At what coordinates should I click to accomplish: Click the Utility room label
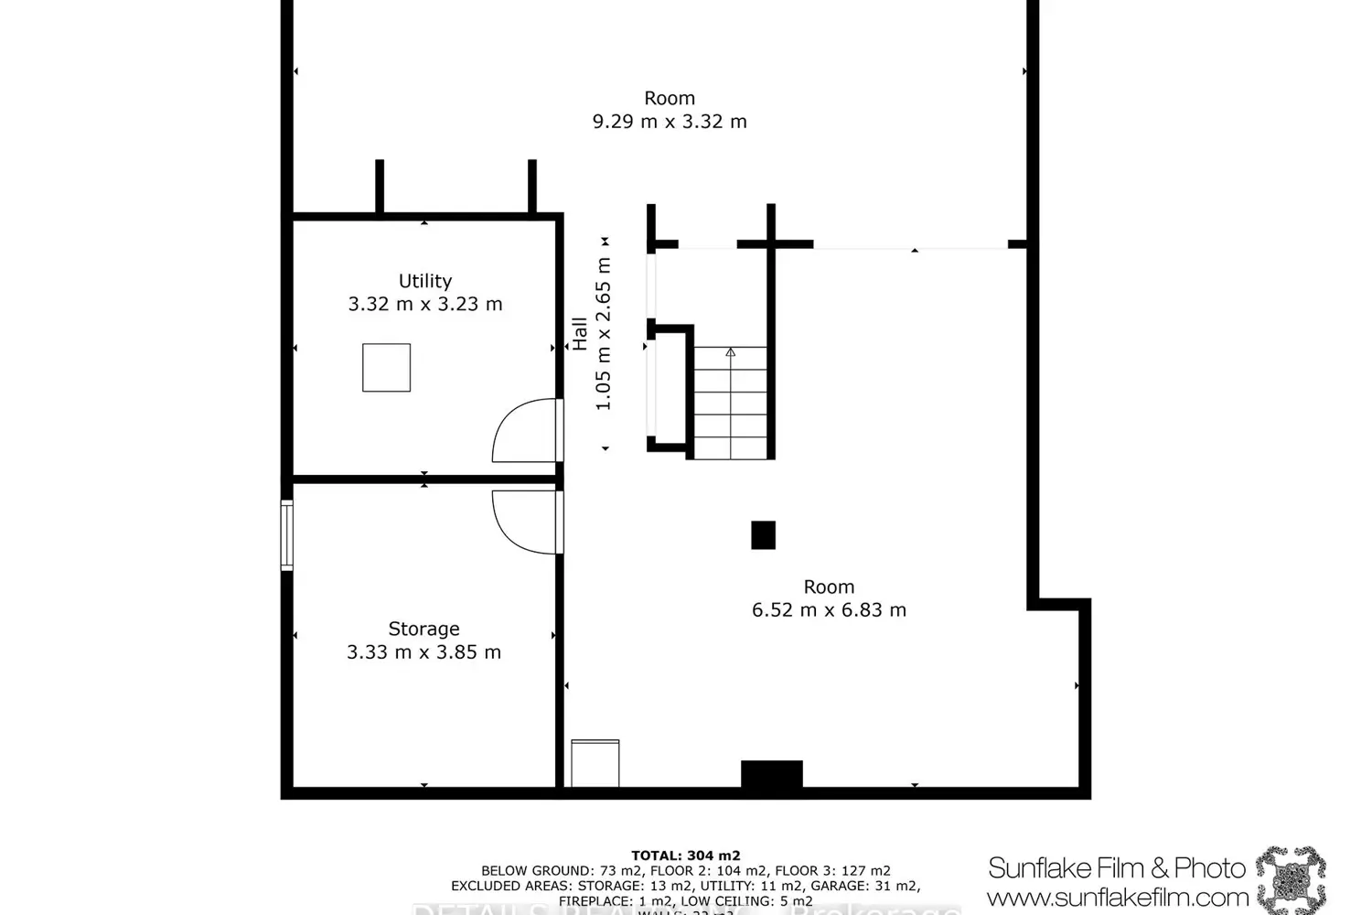pyautogui.click(x=424, y=281)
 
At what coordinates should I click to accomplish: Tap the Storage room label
pyautogui.click(x=423, y=629)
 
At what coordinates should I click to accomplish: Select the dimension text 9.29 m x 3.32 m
pyautogui.click(x=670, y=122)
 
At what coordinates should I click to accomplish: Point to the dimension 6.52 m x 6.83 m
pyautogui.click(x=829, y=610)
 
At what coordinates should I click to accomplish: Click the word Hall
pyautogui.click(x=580, y=334)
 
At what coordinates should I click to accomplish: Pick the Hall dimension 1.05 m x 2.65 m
pyautogui.click(x=604, y=334)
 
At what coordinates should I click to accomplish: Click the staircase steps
pyautogui.click(x=730, y=403)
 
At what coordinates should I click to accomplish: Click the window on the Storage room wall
pyautogui.click(x=286, y=535)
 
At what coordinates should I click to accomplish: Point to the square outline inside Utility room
pyautogui.click(x=386, y=368)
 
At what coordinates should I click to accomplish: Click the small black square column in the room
pyautogui.click(x=763, y=535)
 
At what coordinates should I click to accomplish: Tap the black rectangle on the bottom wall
pyautogui.click(x=771, y=774)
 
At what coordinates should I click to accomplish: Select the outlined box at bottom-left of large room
pyautogui.click(x=595, y=763)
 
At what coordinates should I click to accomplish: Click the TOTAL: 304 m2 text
pyautogui.click(x=685, y=856)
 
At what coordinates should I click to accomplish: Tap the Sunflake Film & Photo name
pyautogui.click(x=1117, y=867)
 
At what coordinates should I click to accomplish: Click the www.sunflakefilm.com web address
pyautogui.click(x=1117, y=897)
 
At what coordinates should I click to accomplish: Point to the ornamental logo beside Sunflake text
pyautogui.click(x=1291, y=879)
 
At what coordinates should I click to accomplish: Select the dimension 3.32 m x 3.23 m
pyautogui.click(x=424, y=305)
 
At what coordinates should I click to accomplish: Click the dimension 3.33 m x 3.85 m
pyautogui.click(x=423, y=652)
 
